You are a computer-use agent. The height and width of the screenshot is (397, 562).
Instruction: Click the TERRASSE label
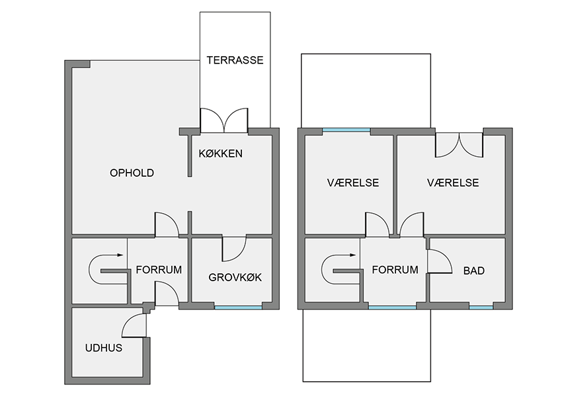[235, 60]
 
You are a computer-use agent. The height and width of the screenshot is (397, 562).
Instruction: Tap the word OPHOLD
[132, 173]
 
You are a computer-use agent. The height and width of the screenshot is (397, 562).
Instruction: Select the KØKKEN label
[220, 154]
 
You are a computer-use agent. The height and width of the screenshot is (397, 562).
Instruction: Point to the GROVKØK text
[235, 277]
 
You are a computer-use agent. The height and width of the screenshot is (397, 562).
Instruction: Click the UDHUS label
[104, 348]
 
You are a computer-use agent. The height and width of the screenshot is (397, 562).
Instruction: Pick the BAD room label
[474, 271]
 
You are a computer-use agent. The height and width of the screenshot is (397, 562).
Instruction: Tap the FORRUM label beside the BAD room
[395, 270]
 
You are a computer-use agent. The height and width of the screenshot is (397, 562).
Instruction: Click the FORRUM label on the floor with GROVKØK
[159, 270]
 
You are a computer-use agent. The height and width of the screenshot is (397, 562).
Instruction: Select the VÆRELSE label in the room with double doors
[453, 183]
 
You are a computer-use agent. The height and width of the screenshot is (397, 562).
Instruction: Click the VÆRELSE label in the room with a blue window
[353, 183]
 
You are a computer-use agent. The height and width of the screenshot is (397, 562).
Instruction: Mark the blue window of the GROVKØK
[238, 307]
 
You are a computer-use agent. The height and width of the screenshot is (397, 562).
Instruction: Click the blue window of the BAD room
[481, 307]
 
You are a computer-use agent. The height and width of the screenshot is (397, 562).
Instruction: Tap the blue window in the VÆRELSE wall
[346, 130]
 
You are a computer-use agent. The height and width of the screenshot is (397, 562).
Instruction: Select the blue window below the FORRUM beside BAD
[392, 307]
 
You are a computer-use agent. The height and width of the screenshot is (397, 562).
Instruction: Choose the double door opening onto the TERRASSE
[223, 120]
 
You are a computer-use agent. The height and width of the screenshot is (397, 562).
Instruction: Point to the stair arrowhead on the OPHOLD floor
[120, 255]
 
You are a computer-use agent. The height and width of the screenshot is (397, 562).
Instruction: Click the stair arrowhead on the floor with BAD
[352, 255]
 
